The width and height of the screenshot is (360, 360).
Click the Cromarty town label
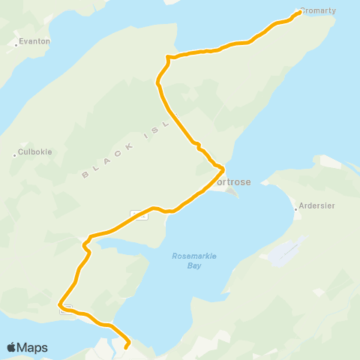(319, 11)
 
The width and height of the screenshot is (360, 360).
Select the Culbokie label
(35, 151)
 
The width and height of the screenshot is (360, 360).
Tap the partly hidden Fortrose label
(232, 181)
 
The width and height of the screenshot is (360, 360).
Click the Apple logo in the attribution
(11, 347)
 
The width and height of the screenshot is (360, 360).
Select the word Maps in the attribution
(32, 347)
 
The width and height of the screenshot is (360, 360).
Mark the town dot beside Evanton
(16, 45)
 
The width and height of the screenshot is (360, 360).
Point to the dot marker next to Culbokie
(15, 155)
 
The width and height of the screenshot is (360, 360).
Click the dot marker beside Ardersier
(296, 209)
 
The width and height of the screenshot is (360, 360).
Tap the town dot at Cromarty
(298, 12)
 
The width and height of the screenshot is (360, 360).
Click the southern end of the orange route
(125, 346)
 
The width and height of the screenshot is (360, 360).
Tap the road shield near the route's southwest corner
(66, 309)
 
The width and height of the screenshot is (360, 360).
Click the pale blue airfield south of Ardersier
(286, 252)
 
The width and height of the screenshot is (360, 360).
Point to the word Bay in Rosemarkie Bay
(194, 265)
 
